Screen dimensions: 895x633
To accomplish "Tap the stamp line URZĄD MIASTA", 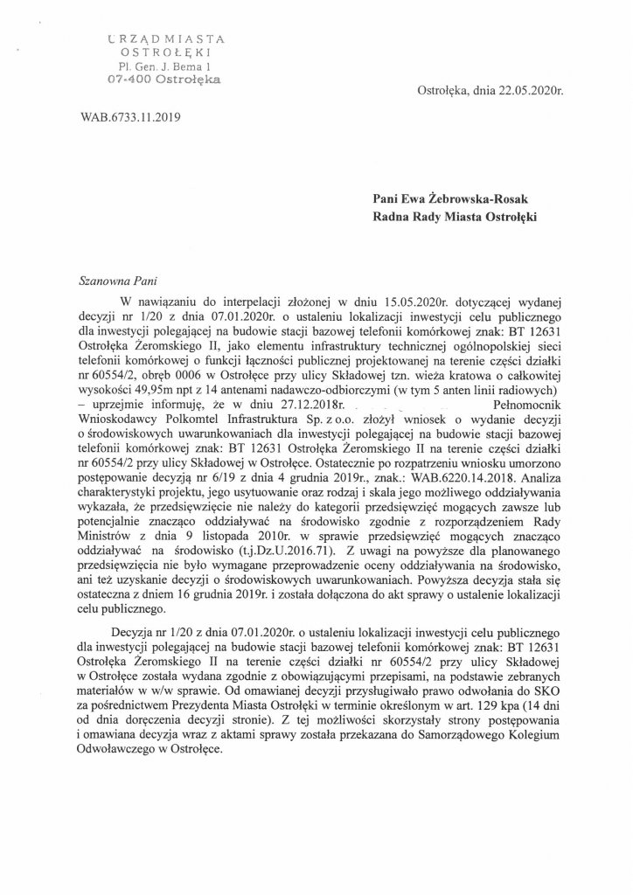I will pos(162,38).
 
